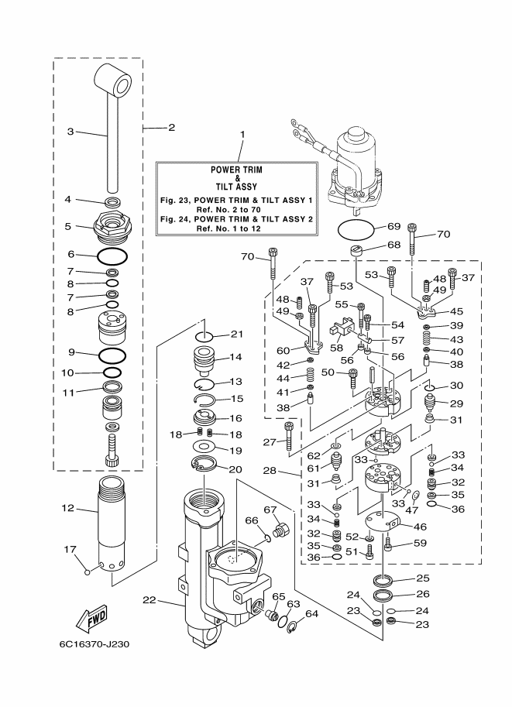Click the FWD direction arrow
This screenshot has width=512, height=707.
91,618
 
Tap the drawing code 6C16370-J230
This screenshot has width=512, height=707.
94,644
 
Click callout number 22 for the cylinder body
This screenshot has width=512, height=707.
149,599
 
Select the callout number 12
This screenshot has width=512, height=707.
67,508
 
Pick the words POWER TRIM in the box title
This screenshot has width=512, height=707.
236,170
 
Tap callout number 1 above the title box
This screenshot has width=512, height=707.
242,135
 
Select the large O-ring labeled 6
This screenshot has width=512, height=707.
112,257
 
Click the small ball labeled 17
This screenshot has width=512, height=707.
88,572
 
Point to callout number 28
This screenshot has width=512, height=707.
270,471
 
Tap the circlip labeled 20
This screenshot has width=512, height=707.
204,465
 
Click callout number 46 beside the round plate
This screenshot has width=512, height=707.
420,527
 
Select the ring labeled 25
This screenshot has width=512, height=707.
383,579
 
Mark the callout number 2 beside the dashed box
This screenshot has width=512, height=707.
171,128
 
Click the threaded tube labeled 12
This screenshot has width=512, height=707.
112,524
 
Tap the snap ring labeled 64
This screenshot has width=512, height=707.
294,628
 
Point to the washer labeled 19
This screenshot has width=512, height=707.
204,447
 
